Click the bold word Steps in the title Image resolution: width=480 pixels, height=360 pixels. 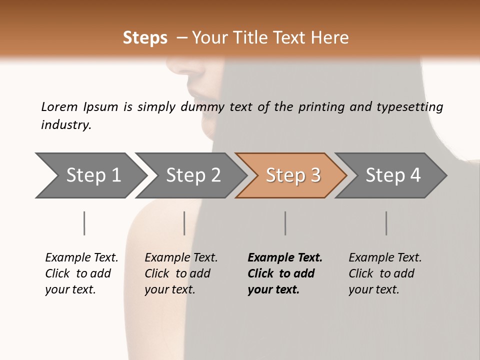pyautogui.click(x=145, y=38)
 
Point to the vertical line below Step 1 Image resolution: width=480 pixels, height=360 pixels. pyautogui.click(x=84, y=223)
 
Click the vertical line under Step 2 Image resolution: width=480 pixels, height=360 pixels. pyautogui.click(x=184, y=223)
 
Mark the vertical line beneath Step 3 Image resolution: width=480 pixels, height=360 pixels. pyautogui.click(x=285, y=223)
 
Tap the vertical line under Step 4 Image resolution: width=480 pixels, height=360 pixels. pyautogui.click(x=386, y=223)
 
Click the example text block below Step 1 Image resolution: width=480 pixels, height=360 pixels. pyautogui.click(x=81, y=273)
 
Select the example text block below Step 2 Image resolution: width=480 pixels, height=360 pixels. pyautogui.click(x=181, y=273)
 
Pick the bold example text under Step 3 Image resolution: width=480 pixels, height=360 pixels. pyautogui.click(x=285, y=273)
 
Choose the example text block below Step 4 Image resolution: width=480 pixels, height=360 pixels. pyautogui.click(x=385, y=273)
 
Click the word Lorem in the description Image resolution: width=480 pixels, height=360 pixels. pyautogui.click(x=59, y=106)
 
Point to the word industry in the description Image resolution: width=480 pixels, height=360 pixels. pyautogui.click(x=65, y=125)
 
